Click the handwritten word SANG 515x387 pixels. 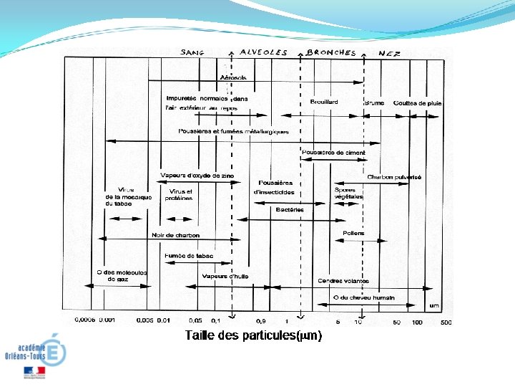(x=192, y=52)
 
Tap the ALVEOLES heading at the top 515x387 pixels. (x=263, y=52)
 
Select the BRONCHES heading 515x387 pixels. (x=331, y=52)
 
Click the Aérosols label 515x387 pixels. (x=234, y=77)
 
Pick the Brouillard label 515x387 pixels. (x=324, y=102)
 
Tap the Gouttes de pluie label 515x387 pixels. (x=417, y=103)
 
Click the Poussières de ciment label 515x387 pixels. (x=333, y=153)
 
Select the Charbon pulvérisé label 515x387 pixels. (x=394, y=177)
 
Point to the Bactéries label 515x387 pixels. (x=290, y=210)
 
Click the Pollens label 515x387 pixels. (x=353, y=233)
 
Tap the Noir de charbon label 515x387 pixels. (x=176, y=235)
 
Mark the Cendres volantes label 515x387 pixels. (x=343, y=281)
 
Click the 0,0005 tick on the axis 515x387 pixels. (x=86, y=320)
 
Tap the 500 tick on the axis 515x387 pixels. (x=445, y=322)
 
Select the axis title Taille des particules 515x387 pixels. (x=253, y=335)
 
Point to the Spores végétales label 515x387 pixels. (x=348, y=193)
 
